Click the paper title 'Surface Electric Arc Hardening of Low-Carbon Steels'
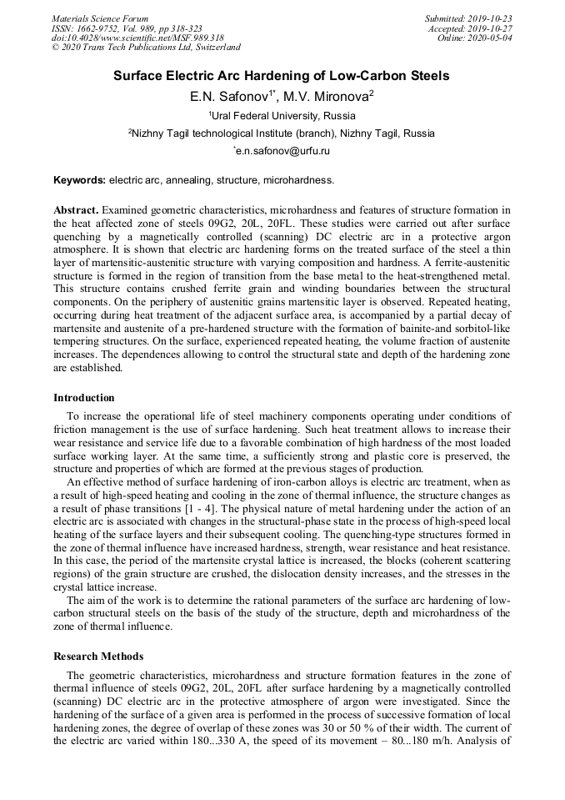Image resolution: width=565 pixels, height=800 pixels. [x=282, y=76]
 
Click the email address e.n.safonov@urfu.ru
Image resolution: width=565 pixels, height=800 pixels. [x=283, y=151]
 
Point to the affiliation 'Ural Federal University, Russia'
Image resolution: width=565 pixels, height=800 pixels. [x=283, y=115]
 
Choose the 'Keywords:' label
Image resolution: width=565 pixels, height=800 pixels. [x=79, y=179]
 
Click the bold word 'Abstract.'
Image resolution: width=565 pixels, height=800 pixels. [x=76, y=209]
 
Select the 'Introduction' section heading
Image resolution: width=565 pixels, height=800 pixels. [x=84, y=398]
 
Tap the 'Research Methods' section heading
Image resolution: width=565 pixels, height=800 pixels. [x=98, y=657]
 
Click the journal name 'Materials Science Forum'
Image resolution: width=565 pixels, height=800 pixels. [x=100, y=18]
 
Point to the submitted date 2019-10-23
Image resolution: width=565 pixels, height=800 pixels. [x=491, y=18]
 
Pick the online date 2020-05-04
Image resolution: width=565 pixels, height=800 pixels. [x=491, y=38]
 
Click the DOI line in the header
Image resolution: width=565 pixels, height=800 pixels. [x=137, y=38]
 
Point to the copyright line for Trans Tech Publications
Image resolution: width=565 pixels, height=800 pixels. [x=146, y=48]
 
